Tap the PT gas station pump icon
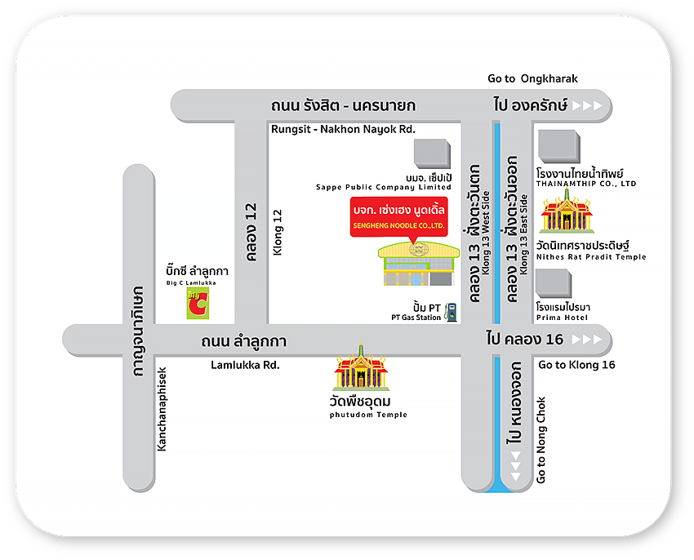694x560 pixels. (x=450, y=311)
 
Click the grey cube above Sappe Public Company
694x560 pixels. (x=431, y=153)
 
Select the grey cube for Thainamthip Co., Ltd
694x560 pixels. (x=559, y=148)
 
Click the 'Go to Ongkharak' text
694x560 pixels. (x=532, y=79)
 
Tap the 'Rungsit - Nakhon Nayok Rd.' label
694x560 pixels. (x=343, y=129)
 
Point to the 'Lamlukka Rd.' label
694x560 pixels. (x=245, y=365)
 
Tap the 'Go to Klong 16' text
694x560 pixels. (x=577, y=365)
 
